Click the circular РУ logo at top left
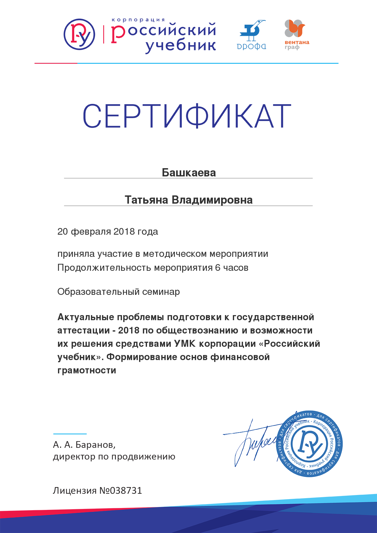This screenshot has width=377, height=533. point(79,34)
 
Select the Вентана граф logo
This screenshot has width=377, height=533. point(296,35)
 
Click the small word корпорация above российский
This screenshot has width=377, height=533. point(138,20)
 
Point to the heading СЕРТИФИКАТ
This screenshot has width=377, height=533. point(187,116)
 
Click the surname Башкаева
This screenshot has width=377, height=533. point(189,173)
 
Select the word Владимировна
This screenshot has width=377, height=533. point(212,200)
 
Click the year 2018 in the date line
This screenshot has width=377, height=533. point(124,232)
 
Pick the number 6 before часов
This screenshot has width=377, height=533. point(218,268)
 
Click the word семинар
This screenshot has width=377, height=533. point(161,292)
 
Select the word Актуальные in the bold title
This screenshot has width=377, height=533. point(86,317)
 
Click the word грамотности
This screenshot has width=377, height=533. point(87,370)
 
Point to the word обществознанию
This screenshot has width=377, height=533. point(197,330)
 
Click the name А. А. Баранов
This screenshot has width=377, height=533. point(84,445)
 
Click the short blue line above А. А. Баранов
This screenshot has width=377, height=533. point(70,434)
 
